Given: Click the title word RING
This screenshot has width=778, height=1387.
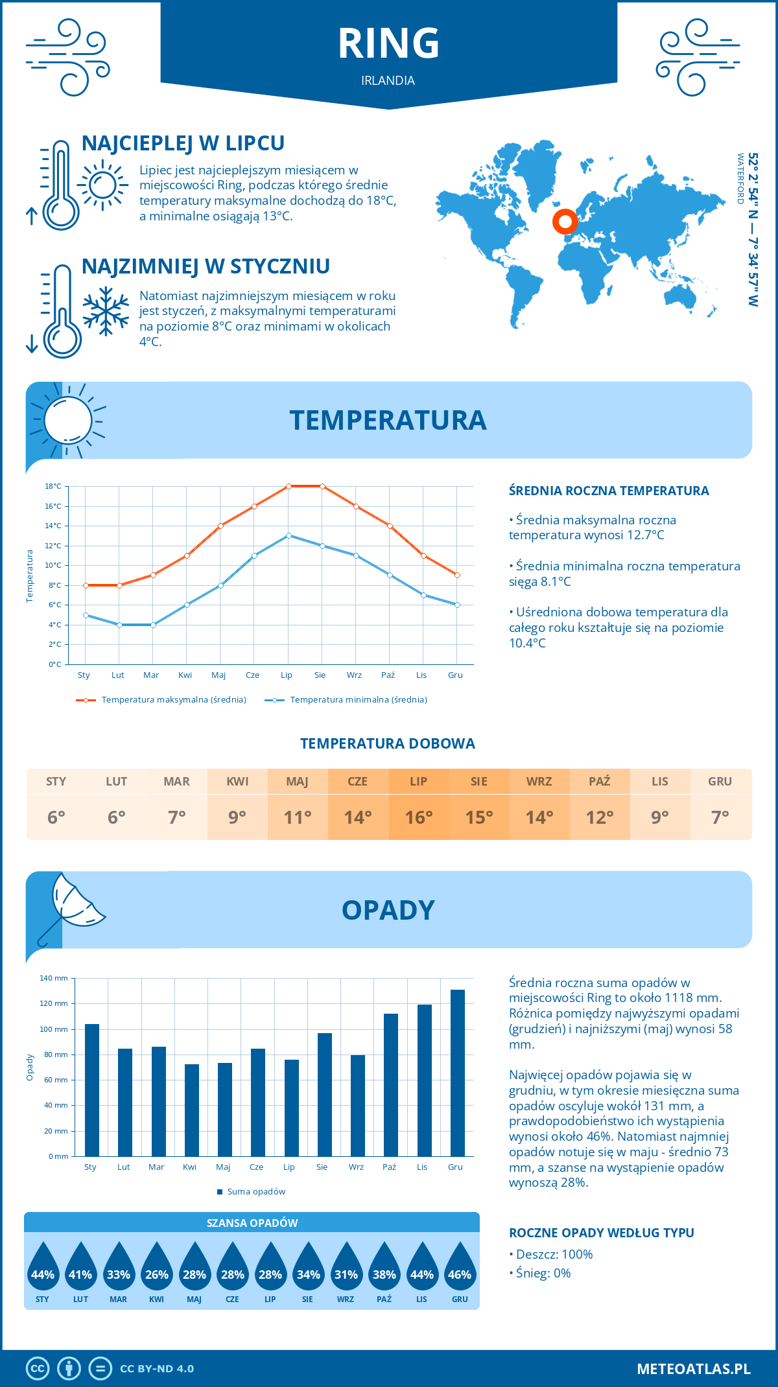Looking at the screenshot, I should [x=388, y=43].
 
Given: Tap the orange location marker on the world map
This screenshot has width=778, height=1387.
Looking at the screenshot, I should [x=565, y=222].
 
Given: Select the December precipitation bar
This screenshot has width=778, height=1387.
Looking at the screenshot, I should [x=458, y=1073].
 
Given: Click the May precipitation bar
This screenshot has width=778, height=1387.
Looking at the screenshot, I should [x=225, y=1109].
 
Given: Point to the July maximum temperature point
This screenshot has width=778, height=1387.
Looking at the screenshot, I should [x=289, y=486].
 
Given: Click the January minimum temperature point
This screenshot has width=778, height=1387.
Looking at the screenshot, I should [x=86, y=615].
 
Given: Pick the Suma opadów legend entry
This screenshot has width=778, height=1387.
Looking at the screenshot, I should [x=256, y=1191].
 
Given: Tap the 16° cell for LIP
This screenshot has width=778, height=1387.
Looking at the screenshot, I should [x=418, y=817].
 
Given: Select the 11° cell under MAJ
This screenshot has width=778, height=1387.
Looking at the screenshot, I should [x=298, y=817].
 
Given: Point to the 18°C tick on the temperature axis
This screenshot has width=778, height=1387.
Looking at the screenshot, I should [x=53, y=486].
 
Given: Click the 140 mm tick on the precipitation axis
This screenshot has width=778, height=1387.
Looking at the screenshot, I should [x=54, y=978].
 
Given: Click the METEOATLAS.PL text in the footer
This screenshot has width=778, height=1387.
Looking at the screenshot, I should [x=693, y=1369].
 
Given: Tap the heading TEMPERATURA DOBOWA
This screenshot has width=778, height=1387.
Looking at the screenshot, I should [x=388, y=743].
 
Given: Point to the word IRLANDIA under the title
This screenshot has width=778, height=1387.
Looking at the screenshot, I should [x=388, y=80].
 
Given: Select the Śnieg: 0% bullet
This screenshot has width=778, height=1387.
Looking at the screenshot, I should [x=543, y=1273].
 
